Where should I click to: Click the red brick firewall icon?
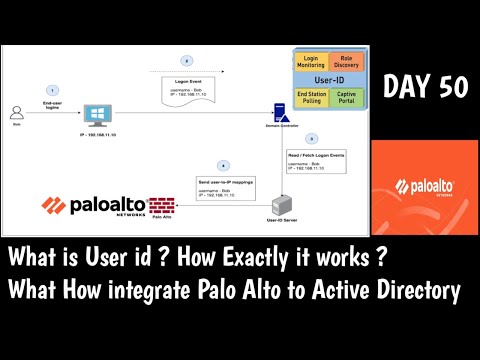pos(161,206)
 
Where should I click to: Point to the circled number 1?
pos(53,91)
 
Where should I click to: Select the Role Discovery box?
pos(340,62)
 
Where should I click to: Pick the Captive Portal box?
pos(340,98)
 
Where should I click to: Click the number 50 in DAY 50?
pos(449,88)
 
